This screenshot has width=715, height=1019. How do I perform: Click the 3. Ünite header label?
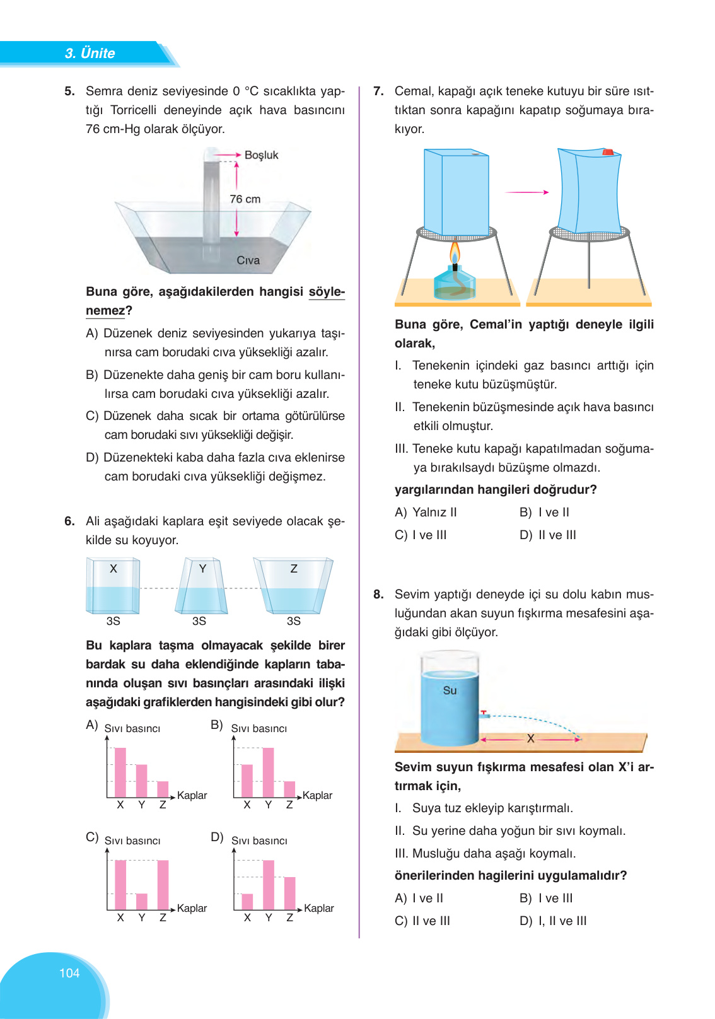click(90, 53)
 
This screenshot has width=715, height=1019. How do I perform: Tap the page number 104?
click(69, 973)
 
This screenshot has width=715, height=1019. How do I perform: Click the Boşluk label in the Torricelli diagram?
click(261, 155)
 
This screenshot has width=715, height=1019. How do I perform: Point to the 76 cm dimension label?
click(245, 199)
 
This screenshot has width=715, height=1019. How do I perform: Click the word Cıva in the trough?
click(248, 260)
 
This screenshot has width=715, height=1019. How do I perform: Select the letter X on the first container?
click(113, 569)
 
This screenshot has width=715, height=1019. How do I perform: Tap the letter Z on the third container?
click(294, 569)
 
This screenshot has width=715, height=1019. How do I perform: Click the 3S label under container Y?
click(199, 621)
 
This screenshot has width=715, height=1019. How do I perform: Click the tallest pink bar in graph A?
click(120, 772)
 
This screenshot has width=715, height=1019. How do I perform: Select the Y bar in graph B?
click(268, 772)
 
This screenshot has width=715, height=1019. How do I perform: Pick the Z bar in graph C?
click(163, 885)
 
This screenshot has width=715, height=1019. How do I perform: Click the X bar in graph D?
click(247, 902)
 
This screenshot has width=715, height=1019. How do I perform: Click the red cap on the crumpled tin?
click(608, 152)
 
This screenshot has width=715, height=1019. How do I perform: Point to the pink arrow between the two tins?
click(526, 192)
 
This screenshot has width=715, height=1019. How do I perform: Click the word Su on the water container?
click(450, 690)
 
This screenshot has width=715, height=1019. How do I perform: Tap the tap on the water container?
click(484, 714)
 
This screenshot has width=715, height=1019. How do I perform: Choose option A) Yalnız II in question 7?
click(426, 513)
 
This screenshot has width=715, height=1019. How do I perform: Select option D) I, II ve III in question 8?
click(553, 921)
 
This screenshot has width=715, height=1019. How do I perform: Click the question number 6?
click(69, 521)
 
